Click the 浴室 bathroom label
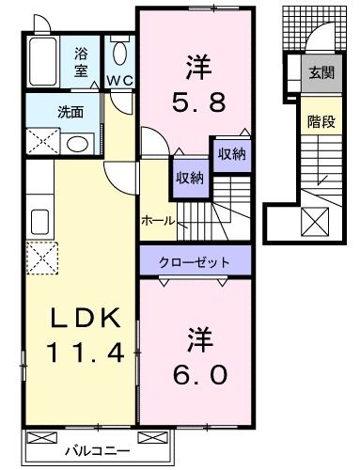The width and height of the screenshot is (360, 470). tap(80, 62)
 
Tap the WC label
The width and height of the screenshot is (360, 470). tap(120, 81)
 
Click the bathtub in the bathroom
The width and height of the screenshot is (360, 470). tap(43, 61)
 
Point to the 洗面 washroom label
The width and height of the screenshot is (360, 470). tap(70, 113)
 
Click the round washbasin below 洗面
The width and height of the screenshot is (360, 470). tap(77, 145)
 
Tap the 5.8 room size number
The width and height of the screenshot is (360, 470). tap(199, 102)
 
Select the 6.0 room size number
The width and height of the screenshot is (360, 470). tap(200, 375)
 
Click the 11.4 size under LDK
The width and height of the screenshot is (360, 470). tap(85, 352)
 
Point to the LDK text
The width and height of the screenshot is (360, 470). tap(86, 318)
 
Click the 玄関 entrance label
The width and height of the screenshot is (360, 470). tap(321, 73)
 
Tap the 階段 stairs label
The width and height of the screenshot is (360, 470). tap(321, 121)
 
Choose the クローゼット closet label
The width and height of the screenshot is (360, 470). tap(195, 262)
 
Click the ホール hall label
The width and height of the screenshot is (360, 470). tap(158, 221)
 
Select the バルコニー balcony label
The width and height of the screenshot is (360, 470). tap(97, 451)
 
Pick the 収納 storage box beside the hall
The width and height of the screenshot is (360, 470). tap(190, 179)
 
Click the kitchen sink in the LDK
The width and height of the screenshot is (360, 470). tap(40, 222)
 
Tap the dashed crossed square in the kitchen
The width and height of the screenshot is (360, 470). tap(42, 258)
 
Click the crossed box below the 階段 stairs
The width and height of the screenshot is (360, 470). tap(315, 222)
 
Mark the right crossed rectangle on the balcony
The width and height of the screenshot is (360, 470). tap(153, 437)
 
